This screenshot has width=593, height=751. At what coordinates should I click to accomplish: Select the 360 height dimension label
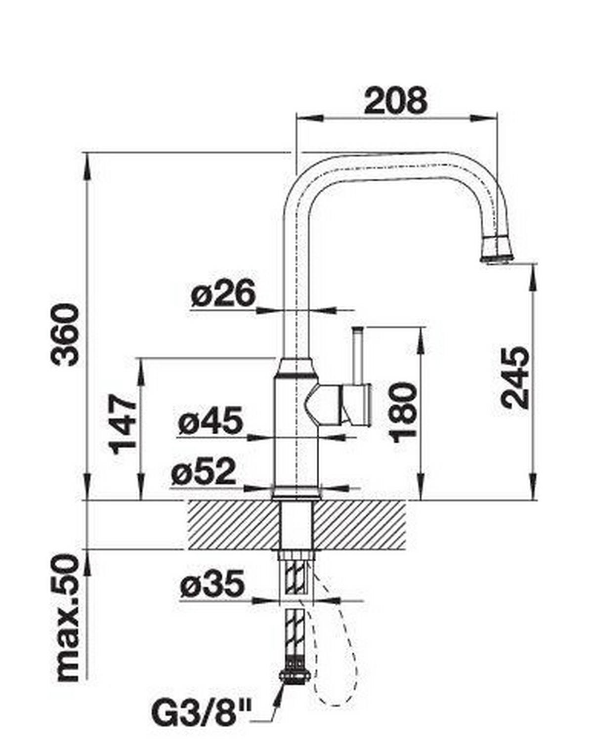tap(64, 334)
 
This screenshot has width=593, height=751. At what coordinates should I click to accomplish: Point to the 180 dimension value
tap(404, 412)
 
